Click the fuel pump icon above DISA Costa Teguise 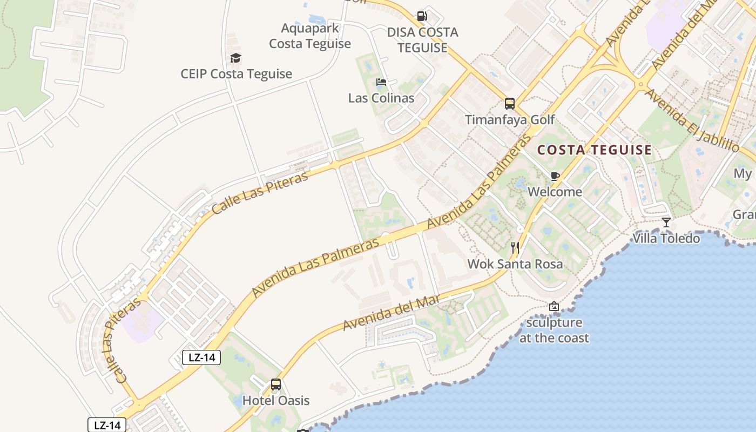point(422,16)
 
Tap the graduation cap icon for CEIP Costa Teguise point(235,58)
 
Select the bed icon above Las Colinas point(381,83)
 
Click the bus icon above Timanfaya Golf point(510,104)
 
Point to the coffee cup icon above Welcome point(555,176)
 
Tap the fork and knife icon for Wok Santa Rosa point(515,248)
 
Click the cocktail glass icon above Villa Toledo point(666,222)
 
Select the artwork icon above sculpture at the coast point(554,307)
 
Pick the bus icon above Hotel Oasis point(276,384)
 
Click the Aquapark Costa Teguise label point(310,36)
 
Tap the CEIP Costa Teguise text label point(237,74)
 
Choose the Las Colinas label point(381,98)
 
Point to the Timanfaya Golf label point(510,119)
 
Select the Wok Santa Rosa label point(515,264)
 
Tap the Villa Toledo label point(666,238)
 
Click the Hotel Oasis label point(276,400)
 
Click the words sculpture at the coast point(554,330)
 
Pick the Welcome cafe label point(555,192)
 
